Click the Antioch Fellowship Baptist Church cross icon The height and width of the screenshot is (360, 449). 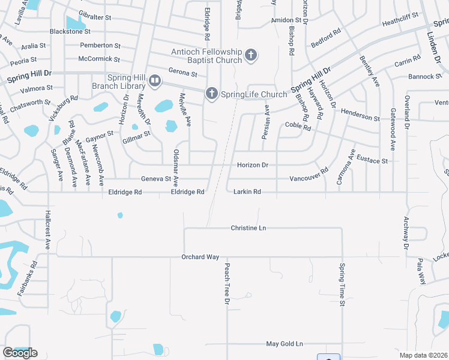[x=251, y=56]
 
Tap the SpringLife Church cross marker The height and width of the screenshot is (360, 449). [x=211, y=94]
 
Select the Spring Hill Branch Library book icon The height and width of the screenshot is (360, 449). [x=155, y=80]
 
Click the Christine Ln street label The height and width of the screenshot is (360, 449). [x=248, y=228]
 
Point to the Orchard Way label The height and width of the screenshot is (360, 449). [x=200, y=257]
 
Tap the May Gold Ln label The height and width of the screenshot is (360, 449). [x=285, y=344]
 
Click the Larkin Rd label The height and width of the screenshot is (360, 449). [x=247, y=192]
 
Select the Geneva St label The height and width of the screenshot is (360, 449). [x=156, y=179]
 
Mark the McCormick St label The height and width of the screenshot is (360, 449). [x=99, y=59]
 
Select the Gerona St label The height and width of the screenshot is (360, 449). [x=183, y=73]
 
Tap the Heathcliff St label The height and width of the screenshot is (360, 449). [x=402, y=22]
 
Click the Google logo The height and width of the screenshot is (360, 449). [x=20, y=353]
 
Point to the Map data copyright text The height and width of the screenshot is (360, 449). [x=423, y=355]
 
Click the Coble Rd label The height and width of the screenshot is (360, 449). [x=298, y=127]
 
